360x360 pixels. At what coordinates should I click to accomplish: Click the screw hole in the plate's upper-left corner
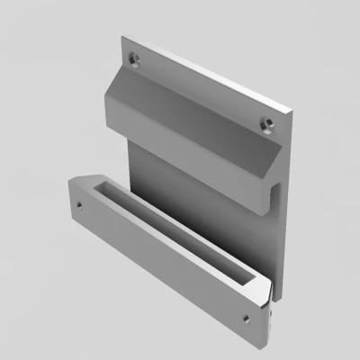pyautogui.click(x=135, y=59)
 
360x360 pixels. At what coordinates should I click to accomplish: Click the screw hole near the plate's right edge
pyautogui.click(x=265, y=121)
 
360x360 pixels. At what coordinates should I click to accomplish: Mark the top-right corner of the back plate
pyautogui.click(x=292, y=110)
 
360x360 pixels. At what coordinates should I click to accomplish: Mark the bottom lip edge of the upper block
pyautogui.click(x=189, y=171)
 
